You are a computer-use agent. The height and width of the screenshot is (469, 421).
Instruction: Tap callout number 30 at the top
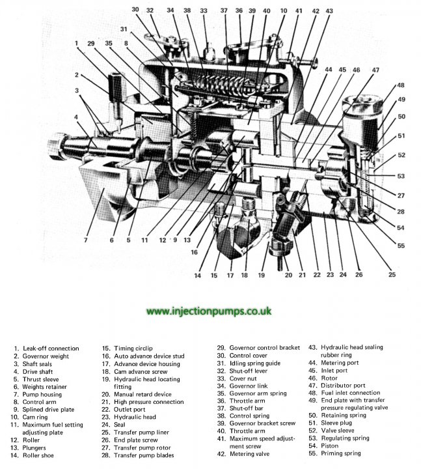135,10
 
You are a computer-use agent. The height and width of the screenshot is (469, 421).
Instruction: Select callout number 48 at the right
400,85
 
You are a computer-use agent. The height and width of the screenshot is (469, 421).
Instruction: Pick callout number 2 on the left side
77,75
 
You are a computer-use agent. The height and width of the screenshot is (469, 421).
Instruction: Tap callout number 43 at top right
329,11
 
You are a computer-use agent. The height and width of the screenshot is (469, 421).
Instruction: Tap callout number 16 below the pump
194,252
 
